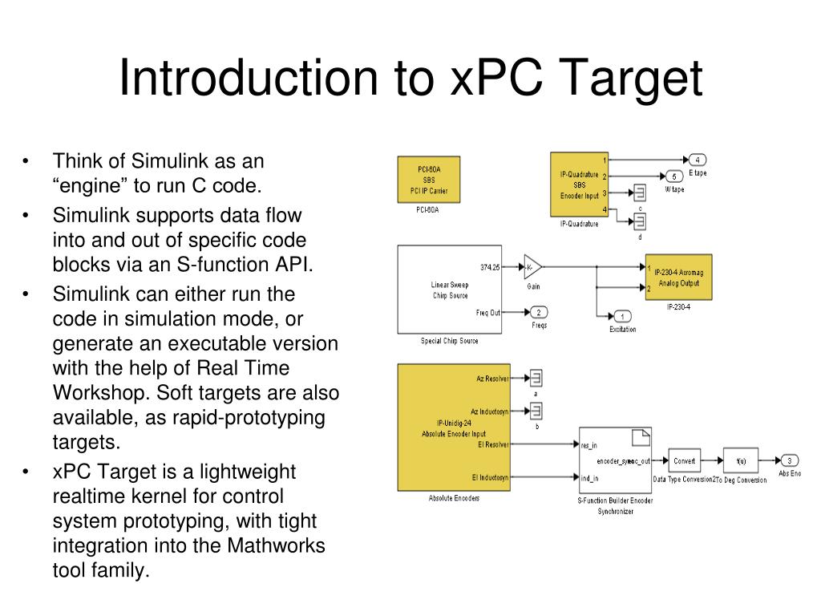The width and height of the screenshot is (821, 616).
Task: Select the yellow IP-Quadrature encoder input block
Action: tap(579, 184)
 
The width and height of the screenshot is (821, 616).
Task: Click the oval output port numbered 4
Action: tap(697, 159)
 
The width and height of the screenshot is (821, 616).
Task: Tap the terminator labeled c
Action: tap(640, 193)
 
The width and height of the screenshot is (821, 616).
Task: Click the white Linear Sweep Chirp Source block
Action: tap(449, 290)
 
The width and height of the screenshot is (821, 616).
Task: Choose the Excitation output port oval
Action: tap(622, 316)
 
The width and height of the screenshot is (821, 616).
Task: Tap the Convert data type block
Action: tap(684, 460)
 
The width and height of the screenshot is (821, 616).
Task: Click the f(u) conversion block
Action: tap(740, 460)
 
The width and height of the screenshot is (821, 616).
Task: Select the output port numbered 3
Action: tap(789, 460)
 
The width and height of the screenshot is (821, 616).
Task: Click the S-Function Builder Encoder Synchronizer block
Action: tap(615, 461)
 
